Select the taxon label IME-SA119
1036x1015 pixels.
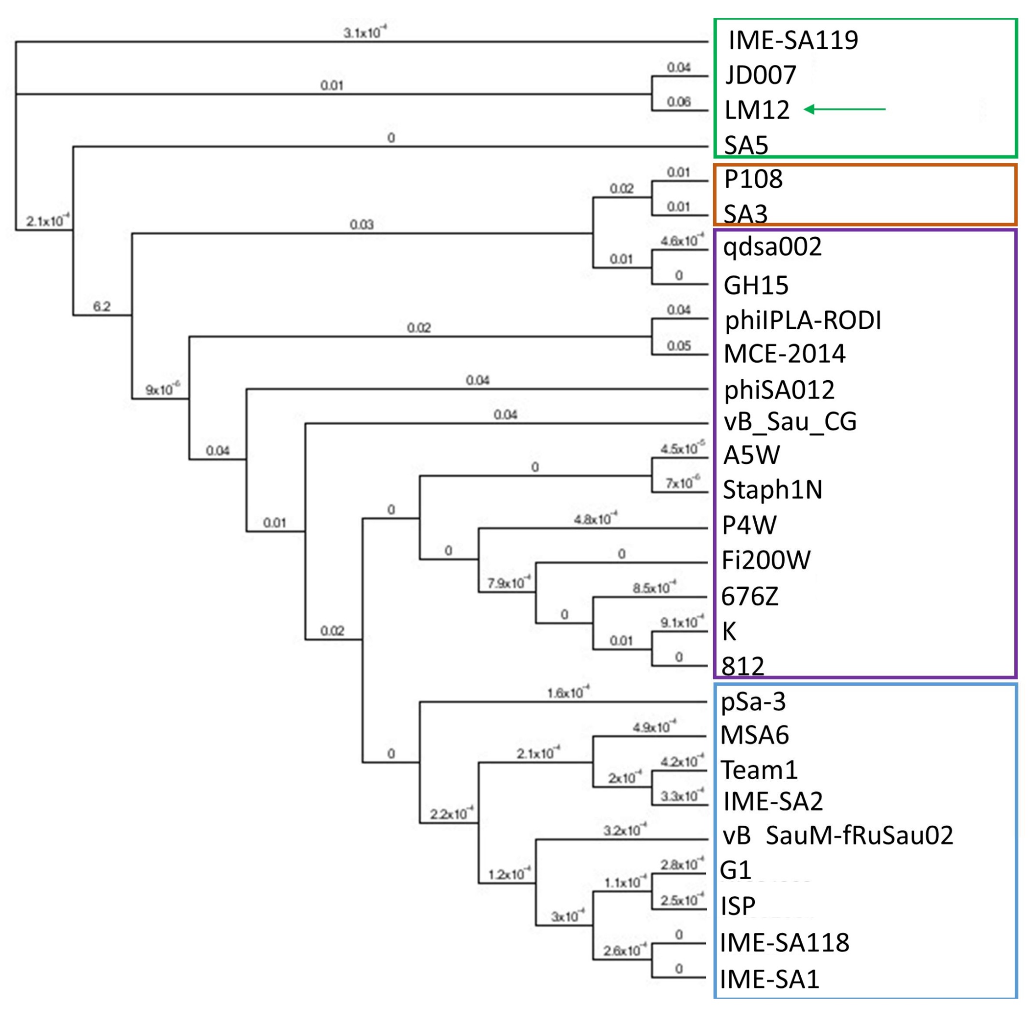coord(793,41)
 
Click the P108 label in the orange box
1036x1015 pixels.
coord(753,179)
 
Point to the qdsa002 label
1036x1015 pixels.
coord(772,247)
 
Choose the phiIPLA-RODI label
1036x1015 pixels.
coord(803,320)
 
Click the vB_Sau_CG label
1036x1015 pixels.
coord(790,421)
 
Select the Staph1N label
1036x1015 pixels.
coord(772,489)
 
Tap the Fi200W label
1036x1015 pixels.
coord(766,560)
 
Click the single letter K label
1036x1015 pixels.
coord(729,632)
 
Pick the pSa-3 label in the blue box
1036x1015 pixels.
coord(753,702)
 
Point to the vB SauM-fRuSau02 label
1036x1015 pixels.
coord(837,835)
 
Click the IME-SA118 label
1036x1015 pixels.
coord(784,943)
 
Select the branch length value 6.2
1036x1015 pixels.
coord(102,306)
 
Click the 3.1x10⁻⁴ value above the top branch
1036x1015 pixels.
coord(365,32)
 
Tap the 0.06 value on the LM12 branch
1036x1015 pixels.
coord(678,101)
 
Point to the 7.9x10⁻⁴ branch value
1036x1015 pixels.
coord(509,583)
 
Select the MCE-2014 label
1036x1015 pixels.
coord(784,354)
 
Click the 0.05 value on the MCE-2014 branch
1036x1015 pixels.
coord(678,346)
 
